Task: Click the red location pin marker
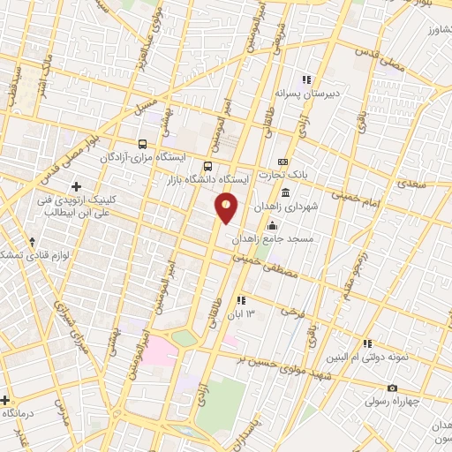tap(227, 207)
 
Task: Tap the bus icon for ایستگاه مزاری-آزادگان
tap(141, 143)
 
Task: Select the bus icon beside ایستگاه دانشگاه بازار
tap(207, 166)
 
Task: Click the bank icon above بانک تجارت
tap(282, 162)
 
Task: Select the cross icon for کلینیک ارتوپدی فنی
tap(77, 186)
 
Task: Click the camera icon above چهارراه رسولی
tap(392, 388)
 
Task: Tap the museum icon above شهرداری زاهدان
tap(285, 192)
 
